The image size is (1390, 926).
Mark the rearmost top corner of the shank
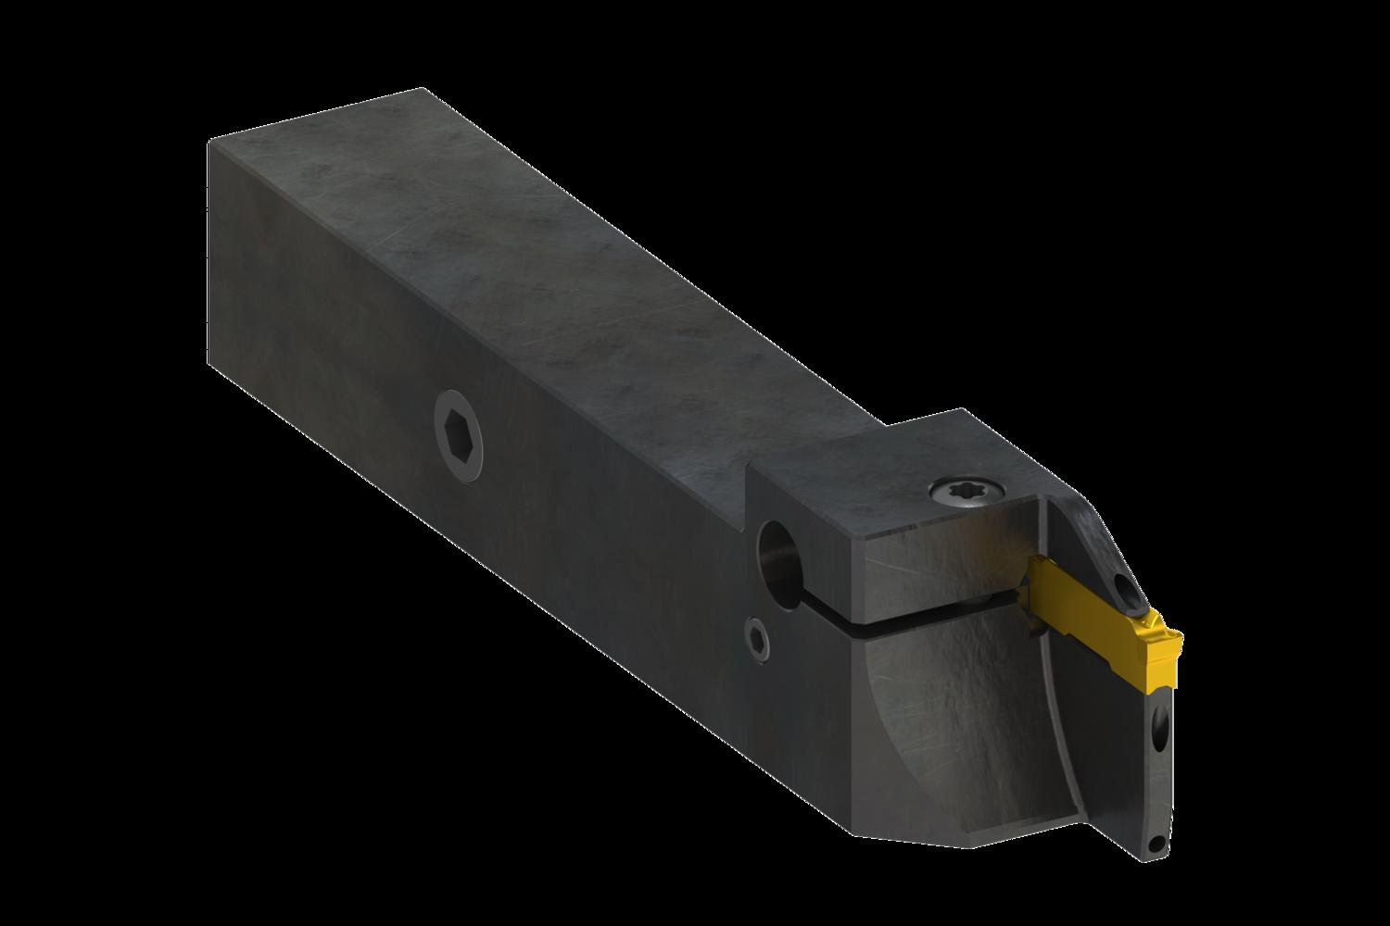coord(423,89)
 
